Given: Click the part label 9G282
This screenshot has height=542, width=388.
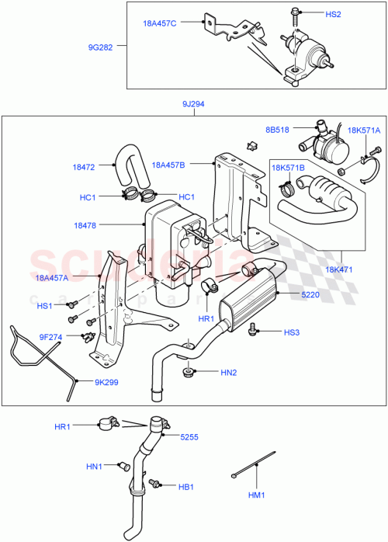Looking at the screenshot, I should pyautogui.click(x=99, y=47).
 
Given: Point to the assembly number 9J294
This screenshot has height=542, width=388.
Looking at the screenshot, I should pyautogui.click(x=193, y=104).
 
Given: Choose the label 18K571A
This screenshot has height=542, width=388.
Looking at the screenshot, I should pyautogui.click(x=364, y=130).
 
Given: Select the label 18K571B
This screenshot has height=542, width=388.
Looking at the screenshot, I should pyautogui.click(x=287, y=167).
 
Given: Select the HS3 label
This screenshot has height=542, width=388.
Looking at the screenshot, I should pyautogui.click(x=291, y=333).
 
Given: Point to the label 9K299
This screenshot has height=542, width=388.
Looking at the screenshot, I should pyautogui.click(x=108, y=382).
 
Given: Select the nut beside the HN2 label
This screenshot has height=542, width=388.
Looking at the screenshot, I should pyautogui.click(x=187, y=373).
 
